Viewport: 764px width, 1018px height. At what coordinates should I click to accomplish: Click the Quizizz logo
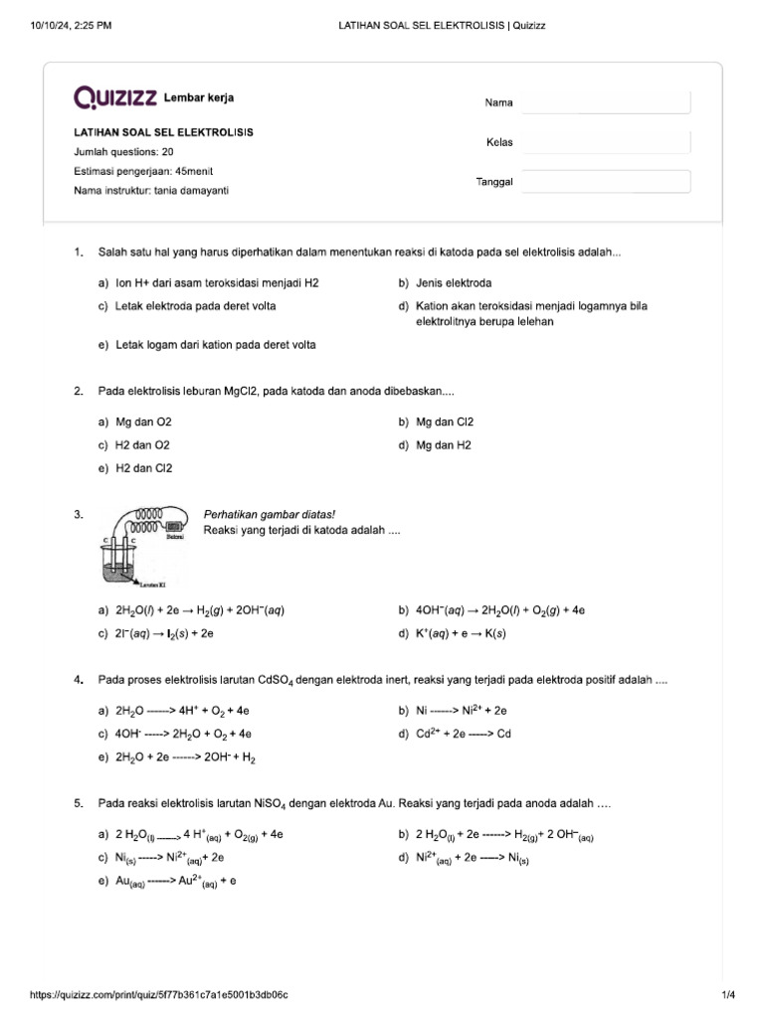tap(114, 97)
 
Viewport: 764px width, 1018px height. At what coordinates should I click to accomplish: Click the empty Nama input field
tap(605, 102)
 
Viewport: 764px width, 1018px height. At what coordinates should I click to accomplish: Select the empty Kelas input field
tap(605, 142)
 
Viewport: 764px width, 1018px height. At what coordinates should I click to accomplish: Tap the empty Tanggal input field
tap(605, 182)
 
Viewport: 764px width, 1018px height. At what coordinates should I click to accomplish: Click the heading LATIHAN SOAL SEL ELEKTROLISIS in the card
tap(163, 132)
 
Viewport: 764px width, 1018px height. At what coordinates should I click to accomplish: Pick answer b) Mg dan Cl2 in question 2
tap(444, 423)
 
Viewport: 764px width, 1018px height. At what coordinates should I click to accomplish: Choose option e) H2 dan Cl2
tap(135, 468)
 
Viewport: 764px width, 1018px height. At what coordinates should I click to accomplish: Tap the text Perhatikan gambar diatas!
tap(270, 515)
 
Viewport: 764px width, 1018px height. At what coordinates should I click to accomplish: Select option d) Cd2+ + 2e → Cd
tap(463, 734)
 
